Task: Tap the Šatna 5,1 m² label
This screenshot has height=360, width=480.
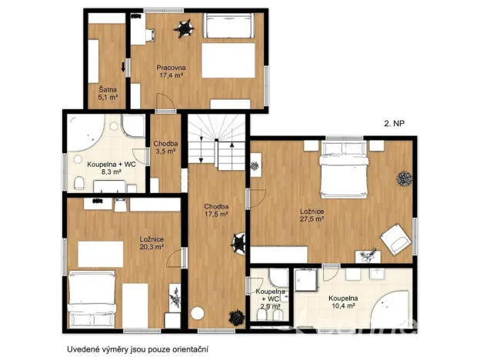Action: pyautogui.click(x=107, y=93)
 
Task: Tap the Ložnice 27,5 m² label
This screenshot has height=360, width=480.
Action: pyautogui.click(x=312, y=215)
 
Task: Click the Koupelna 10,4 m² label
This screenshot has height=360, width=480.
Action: pyautogui.click(x=342, y=302)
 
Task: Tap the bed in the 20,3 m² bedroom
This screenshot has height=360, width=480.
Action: pyautogui.click(x=92, y=301)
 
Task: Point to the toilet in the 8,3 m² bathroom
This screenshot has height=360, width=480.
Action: pyautogui.click(x=80, y=182)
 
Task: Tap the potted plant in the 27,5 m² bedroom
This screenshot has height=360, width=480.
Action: pyautogui.click(x=403, y=179)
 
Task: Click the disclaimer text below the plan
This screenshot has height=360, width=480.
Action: pyautogui.click(x=137, y=348)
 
